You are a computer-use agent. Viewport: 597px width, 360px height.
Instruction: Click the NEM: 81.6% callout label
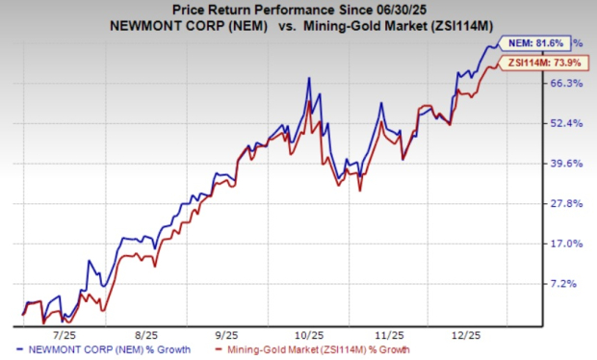click(x=534, y=43)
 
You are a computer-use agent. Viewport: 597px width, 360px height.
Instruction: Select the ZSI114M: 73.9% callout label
click(x=544, y=64)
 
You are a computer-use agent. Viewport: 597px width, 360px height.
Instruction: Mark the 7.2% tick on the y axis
click(x=563, y=284)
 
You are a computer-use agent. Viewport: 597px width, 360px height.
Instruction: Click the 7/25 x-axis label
click(x=65, y=335)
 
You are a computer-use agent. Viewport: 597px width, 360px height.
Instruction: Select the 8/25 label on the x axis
click(x=146, y=335)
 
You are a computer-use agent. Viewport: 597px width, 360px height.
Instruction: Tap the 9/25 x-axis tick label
click(x=227, y=335)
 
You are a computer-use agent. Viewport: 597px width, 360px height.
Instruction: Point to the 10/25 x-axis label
click(x=310, y=335)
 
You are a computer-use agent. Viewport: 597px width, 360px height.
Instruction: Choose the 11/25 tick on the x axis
click(x=390, y=335)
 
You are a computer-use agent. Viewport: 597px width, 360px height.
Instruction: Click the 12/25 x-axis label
click(x=466, y=335)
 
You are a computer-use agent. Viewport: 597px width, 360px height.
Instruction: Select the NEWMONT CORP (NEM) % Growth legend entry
click(x=104, y=349)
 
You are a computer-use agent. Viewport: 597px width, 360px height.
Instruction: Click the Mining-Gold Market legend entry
click(x=313, y=349)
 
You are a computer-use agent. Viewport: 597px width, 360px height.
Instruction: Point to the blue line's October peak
click(x=309, y=78)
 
